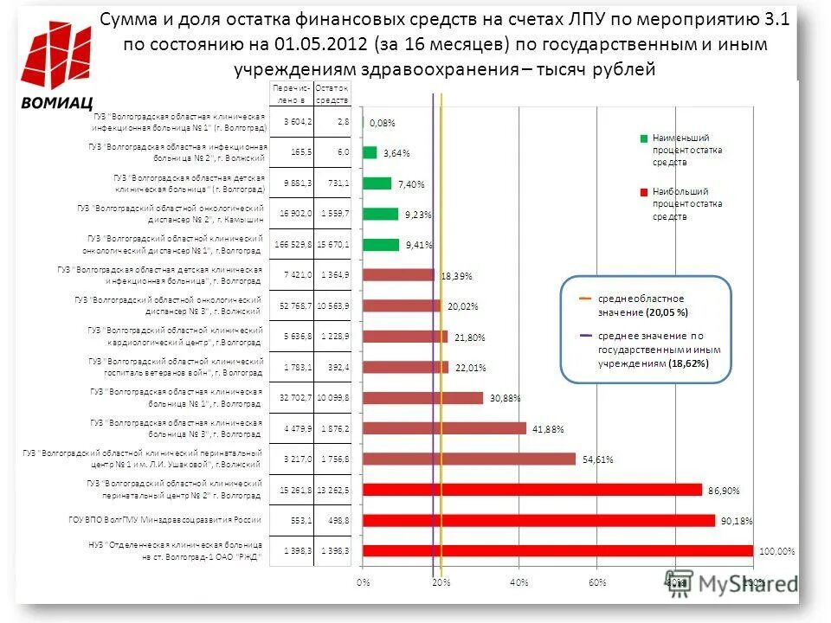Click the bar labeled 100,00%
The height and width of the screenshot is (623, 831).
point(557,550)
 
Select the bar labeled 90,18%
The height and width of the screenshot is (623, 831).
point(538,520)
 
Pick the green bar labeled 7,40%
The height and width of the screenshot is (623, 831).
point(377,183)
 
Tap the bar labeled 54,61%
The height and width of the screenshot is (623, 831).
point(469,459)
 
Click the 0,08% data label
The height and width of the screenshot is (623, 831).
point(383,124)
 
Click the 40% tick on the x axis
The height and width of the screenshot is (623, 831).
point(519,583)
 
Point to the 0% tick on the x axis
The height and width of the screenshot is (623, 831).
point(364,583)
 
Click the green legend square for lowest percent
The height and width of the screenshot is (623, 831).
point(643,138)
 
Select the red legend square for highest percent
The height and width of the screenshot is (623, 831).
point(643,191)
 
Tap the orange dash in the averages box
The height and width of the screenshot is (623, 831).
point(585,298)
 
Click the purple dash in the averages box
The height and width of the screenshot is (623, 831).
point(585,335)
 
